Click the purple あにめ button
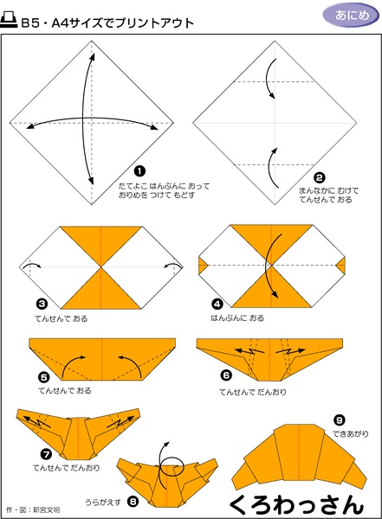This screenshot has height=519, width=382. tap(351, 16)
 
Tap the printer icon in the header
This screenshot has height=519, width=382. tap(9, 20)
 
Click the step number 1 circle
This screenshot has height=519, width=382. tap(139, 171)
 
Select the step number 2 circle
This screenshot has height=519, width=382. tap(319, 178)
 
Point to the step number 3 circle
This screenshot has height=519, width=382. tap(42, 304)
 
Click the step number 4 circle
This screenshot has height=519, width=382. tap(217, 304)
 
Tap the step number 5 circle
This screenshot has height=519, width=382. tap(44, 377)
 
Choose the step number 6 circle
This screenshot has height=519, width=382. tap(226, 375)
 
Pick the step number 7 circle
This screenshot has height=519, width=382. tap(46, 454)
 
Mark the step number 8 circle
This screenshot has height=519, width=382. tap(133, 502)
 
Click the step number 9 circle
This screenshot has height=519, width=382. tap(340, 420)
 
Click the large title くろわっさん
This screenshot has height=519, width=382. tap(296, 504)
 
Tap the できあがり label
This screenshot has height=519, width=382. tap(351, 433)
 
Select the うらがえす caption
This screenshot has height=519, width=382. tap(103, 502)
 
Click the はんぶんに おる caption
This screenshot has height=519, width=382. tap(237, 318)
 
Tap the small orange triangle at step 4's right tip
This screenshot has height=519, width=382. tap(341, 266)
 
